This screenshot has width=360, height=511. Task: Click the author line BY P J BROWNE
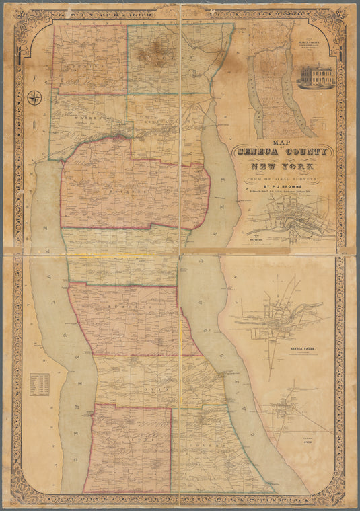pos(278,189)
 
